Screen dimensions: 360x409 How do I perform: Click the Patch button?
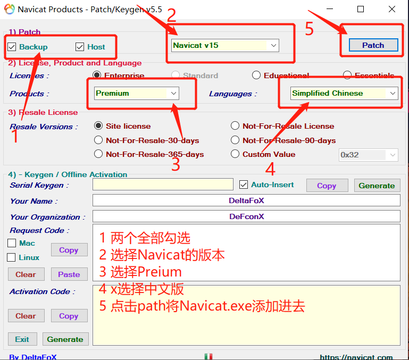tap(373, 45)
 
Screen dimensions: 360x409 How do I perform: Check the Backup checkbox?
tap(12, 47)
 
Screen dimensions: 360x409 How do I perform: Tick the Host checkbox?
tap(80, 47)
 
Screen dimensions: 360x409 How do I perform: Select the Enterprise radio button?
tap(97, 76)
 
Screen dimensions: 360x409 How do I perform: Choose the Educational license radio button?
tap(256, 76)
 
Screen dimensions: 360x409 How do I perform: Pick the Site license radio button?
tap(98, 126)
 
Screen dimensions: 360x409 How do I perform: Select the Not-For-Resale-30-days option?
tap(98, 140)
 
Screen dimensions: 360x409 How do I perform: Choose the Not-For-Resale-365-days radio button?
tap(98, 154)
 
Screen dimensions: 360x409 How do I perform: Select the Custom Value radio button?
tap(235, 154)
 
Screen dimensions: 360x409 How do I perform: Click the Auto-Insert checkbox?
tap(244, 185)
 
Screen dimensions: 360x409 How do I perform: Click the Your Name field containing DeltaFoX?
tap(246, 200)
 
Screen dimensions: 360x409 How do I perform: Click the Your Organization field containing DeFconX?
tap(246, 216)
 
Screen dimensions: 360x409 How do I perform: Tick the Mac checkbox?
tap(12, 243)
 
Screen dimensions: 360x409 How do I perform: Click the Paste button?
tap(69, 274)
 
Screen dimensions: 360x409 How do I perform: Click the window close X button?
tap(391, 9)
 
